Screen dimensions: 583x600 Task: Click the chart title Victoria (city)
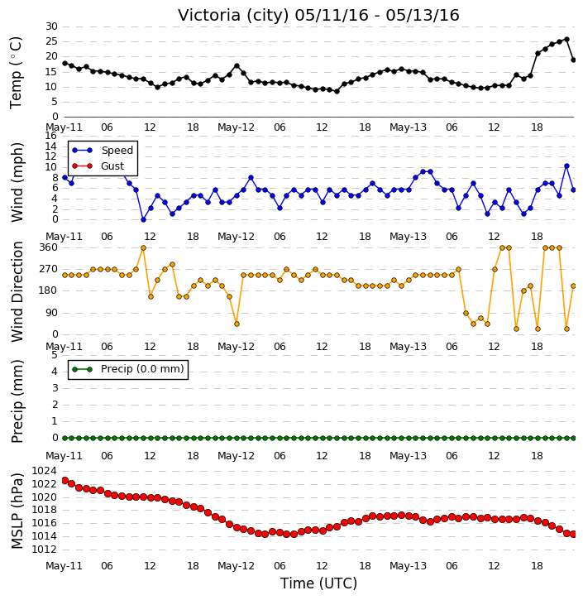233,16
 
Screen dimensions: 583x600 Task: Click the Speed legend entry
103,151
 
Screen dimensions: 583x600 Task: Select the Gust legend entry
98,166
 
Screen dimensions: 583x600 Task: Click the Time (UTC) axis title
318,583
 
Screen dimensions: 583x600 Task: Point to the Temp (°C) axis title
16,73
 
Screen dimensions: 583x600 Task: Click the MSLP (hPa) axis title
17,511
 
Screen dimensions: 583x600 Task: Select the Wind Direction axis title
17,291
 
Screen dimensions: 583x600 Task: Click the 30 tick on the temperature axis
51,26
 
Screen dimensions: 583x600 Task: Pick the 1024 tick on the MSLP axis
44,471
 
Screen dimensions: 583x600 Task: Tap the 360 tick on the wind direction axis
48,247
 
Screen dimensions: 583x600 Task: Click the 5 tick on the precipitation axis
55,356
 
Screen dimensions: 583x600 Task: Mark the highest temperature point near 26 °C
566,40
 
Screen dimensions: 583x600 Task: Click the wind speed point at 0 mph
143,219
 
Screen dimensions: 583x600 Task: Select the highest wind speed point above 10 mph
566,166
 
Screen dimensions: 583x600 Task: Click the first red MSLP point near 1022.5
65,480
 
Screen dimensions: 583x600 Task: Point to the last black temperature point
573,60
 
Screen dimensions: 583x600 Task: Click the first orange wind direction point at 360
143,248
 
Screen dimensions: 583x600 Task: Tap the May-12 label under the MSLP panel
236,566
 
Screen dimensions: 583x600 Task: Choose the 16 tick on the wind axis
51,136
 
